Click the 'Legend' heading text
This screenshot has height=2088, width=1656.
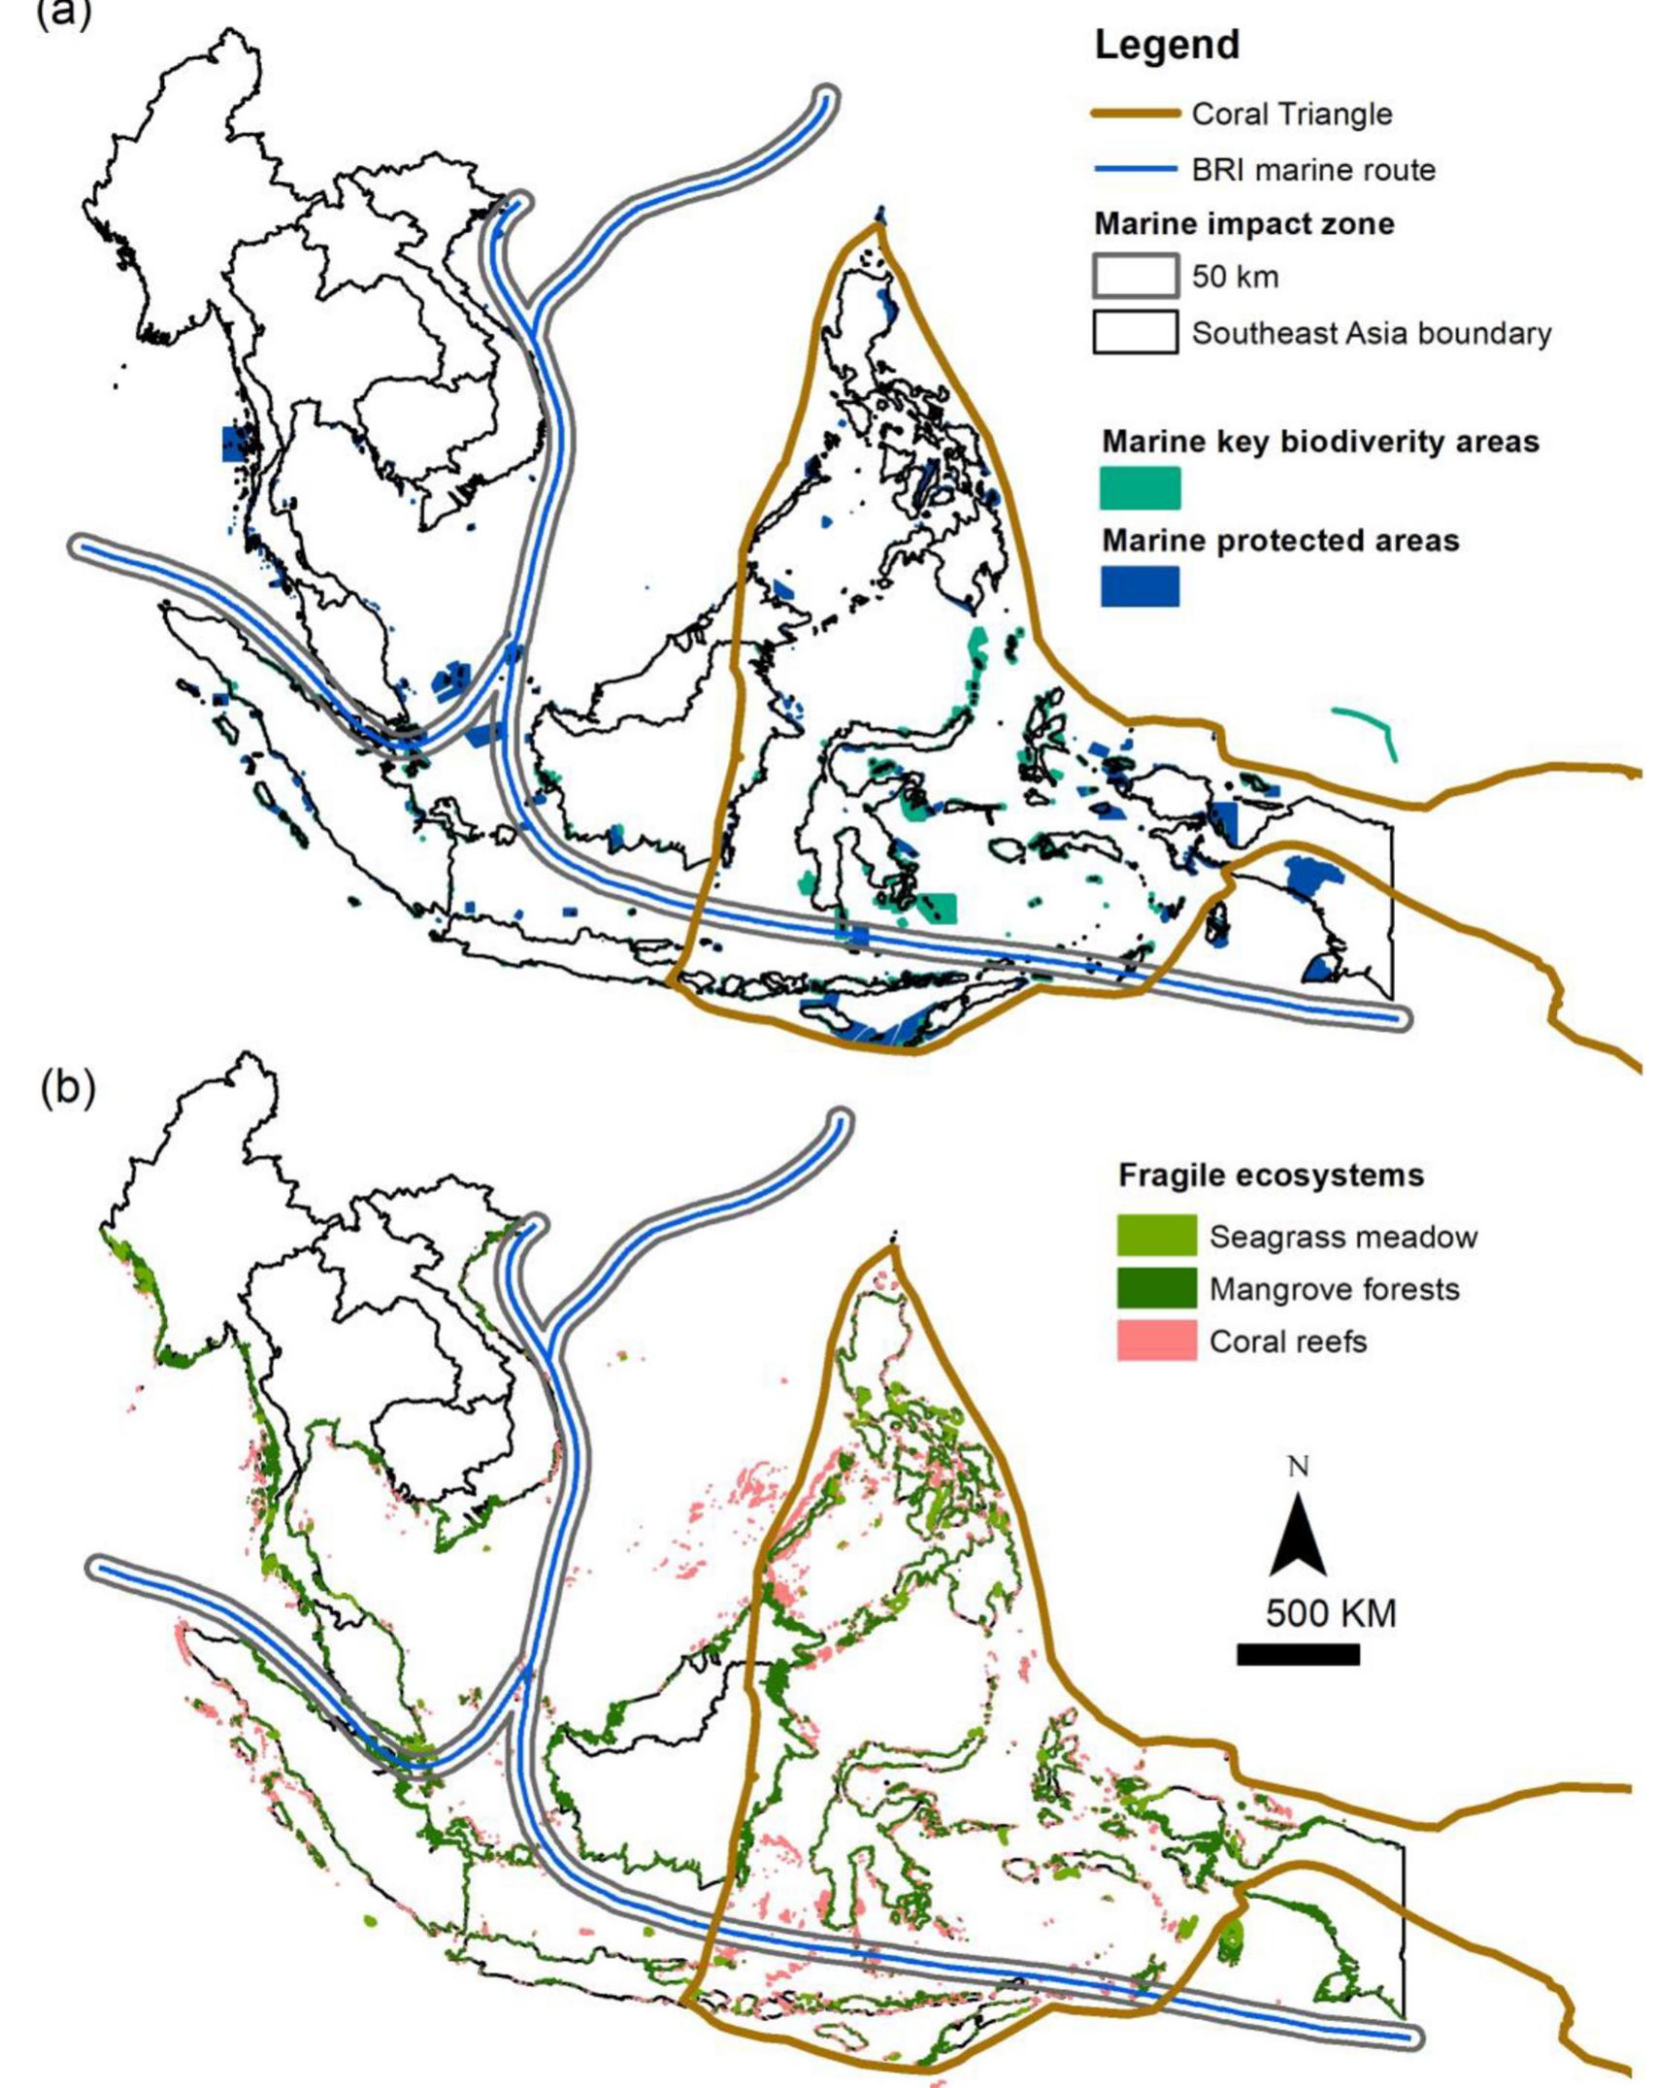pyautogui.click(x=1167, y=46)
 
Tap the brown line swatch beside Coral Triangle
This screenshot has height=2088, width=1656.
pyautogui.click(x=1136, y=115)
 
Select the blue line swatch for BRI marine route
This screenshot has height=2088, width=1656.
pyautogui.click(x=1136, y=171)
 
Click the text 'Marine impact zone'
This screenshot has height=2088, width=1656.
pyautogui.click(x=1244, y=224)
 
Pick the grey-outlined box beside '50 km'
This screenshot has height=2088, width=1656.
pyautogui.click(x=1136, y=276)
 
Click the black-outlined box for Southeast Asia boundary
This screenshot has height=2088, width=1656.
pyautogui.click(x=1136, y=332)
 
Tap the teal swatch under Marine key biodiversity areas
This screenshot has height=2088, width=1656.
pyautogui.click(x=1140, y=487)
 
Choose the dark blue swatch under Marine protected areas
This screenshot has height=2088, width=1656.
pyautogui.click(x=1140, y=586)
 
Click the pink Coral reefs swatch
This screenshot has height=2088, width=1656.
pyautogui.click(x=1156, y=1342)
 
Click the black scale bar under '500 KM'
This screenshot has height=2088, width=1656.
pyautogui.click(x=1298, y=1654)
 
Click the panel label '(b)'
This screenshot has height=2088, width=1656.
pyautogui.click(x=68, y=1089)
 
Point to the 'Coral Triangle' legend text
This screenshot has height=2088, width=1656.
pyautogui.click(x=1292, y=115)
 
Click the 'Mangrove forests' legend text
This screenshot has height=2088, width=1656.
pyautogui.click(x=1335, y=1289)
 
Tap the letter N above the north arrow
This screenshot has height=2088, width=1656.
pyautogui.click(x=1298, y=1466)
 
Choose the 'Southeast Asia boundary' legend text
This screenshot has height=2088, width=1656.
pyautogui.click(x=1372, y=333)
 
